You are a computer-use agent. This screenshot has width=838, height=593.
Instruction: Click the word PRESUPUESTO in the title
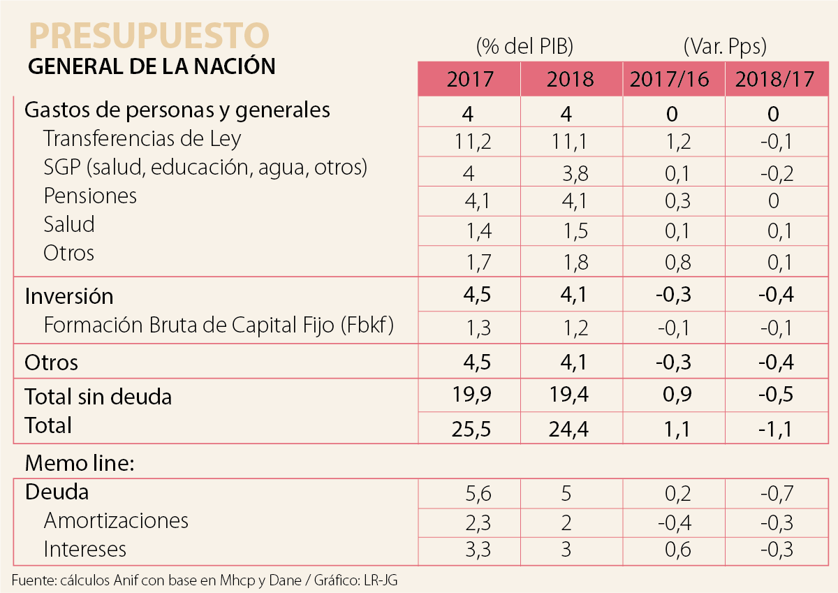tap(148, 35)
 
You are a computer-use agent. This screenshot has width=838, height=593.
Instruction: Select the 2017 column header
tap(469, 79)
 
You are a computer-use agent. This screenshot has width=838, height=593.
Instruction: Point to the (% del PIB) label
tap(524, 47)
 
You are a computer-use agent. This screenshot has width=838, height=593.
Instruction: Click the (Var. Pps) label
tap(725, 47)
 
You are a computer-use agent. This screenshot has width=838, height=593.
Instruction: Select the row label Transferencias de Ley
tap(142, 138)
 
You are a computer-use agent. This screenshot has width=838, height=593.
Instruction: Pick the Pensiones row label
tap(90, 196)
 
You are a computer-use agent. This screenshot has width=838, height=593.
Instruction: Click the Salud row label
tap(68, 224)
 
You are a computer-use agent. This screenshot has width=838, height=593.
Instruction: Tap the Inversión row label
tap(68, 296)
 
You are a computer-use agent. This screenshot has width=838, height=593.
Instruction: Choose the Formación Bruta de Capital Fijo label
tap(218, 325)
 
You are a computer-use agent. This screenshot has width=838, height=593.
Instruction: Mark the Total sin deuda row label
tap(98, 397)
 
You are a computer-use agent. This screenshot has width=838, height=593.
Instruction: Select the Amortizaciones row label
tap(116, 520)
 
